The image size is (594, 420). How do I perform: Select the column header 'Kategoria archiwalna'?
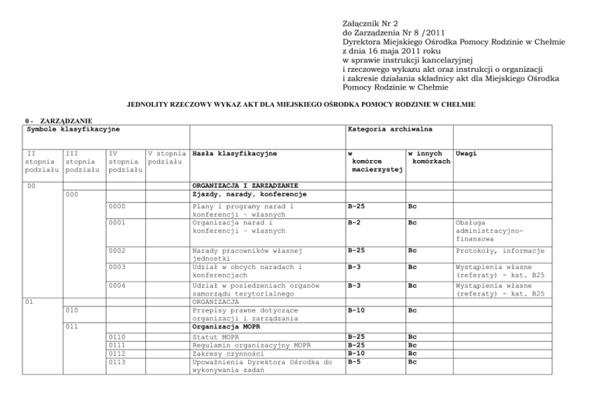390,129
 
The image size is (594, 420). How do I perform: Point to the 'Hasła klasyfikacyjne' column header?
234,154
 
